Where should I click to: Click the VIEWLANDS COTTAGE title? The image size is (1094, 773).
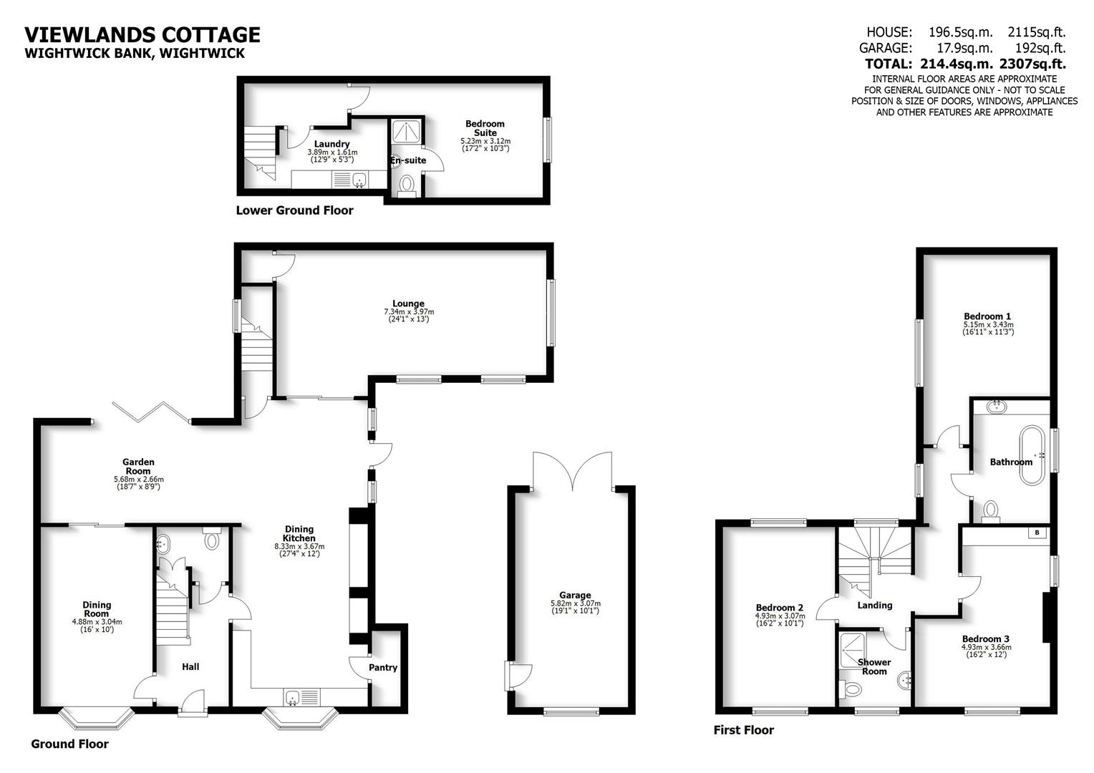(142, 34)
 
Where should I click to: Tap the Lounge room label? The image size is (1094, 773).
(408, 303)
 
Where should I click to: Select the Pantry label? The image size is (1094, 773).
(383, 668)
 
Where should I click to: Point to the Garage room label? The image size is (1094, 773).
(575, 595)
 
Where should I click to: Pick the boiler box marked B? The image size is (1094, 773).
(1037, 533)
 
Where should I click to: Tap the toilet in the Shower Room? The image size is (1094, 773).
(853, 690)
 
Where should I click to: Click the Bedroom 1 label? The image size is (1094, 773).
(987, 316)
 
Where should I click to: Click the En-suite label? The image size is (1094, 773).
(408, 160)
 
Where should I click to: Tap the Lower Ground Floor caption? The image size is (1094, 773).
(294, 210)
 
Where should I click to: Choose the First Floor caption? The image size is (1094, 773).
(743, 730)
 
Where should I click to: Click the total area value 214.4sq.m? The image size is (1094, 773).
(956, 64)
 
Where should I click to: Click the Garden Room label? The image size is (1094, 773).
(138, 466)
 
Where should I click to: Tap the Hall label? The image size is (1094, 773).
(190, 666)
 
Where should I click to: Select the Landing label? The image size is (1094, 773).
(874, 605)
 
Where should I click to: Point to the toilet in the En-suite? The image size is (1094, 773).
(407, 185)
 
